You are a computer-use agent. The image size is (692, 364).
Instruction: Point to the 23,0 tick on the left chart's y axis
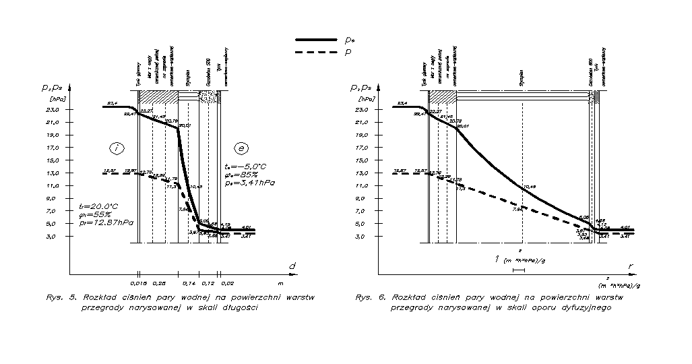coord(53,109)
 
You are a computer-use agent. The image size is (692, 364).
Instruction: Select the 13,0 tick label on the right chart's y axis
coord(361,173)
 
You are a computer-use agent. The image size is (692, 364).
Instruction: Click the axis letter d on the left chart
coord(292,266)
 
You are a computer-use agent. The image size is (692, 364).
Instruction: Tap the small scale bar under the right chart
coord(518,270)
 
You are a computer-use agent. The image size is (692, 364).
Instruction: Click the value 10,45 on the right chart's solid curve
coord(528,187)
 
